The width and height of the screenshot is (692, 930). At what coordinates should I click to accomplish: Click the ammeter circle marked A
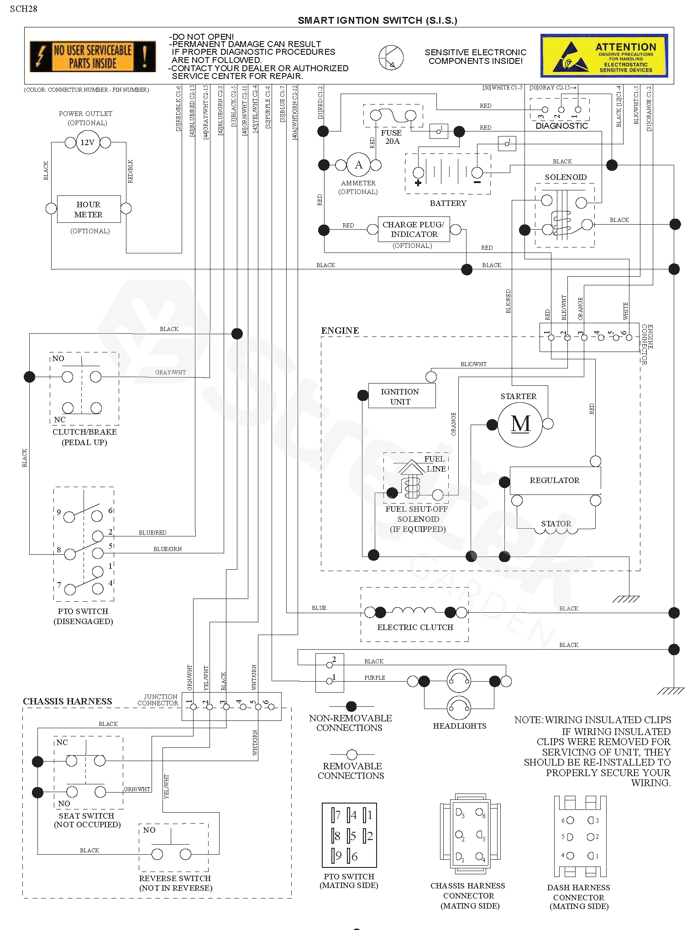click(x=359, y=165)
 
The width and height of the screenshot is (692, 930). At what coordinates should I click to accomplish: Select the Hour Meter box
click(x=89, y=209)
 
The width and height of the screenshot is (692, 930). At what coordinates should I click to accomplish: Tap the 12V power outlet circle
click(x=88, y=142)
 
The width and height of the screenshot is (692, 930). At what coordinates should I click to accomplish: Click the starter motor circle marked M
click(x=520, y=424)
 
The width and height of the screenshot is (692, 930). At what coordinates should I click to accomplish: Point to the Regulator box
click(x=555, y=480)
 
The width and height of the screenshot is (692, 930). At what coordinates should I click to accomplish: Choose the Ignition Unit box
click(x=400, y=396)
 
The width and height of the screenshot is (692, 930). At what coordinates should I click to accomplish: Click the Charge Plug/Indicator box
click(x=414, y=229)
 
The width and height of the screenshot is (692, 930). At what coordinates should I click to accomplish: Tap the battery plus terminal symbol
click(x=418, y=183)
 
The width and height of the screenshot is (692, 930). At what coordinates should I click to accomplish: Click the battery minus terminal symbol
click(x=477, y=182)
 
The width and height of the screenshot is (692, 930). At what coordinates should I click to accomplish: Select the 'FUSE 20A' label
click(x=392, y=137)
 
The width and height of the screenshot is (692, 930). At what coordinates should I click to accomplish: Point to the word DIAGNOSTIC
click(x=561, y=126)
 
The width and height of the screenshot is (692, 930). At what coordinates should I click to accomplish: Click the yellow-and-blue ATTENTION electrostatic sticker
click(x=604, y=56)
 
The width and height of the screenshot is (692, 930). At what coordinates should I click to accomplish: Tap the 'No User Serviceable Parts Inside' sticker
click(x=93, y=57)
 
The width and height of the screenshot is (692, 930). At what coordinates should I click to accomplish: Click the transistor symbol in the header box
click(x=391, y=58)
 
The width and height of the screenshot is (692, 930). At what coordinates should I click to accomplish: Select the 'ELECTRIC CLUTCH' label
click(x=415, y=627)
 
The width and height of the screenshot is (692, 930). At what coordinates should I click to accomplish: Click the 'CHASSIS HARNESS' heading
click(x=68, y=702)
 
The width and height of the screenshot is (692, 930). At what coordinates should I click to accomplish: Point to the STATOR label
click(x=556, y=524)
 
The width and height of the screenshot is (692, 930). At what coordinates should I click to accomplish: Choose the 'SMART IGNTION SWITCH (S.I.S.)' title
click(x=377, y=21)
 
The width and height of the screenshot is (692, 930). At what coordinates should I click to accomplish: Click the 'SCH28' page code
click(x=24, y=9)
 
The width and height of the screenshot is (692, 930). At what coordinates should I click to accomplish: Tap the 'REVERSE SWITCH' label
click(x=175, y=878)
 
